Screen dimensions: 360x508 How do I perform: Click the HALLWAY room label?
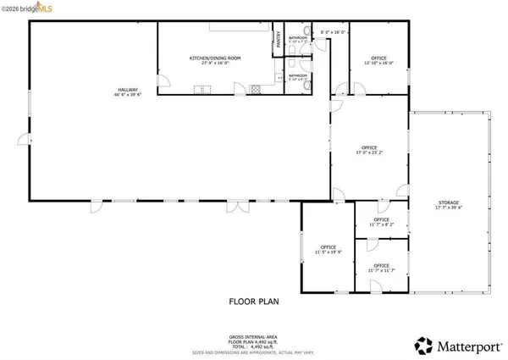click(x=128, y=90)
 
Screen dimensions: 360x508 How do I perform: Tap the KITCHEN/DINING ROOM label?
click(x=214, y=58)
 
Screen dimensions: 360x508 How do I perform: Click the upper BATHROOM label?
click(x=298, y=37)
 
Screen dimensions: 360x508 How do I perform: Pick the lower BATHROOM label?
click(x=298, y=75)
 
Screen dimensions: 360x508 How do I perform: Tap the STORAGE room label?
click(x=449, y=203)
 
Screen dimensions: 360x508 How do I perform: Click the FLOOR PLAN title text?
click(x=253, y=301)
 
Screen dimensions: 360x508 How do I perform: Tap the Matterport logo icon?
click(x=421, y=345)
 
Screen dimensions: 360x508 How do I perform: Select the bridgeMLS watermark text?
click(x=25, y=8)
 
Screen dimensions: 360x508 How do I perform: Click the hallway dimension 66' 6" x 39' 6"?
click(x=128, y=95)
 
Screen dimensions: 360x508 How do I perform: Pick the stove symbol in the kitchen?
click(x=202, y=88)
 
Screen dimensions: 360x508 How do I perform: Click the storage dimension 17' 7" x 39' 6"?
click(x=449, y=208)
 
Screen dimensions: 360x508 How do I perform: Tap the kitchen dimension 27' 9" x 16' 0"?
click(x=214, y=63)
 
